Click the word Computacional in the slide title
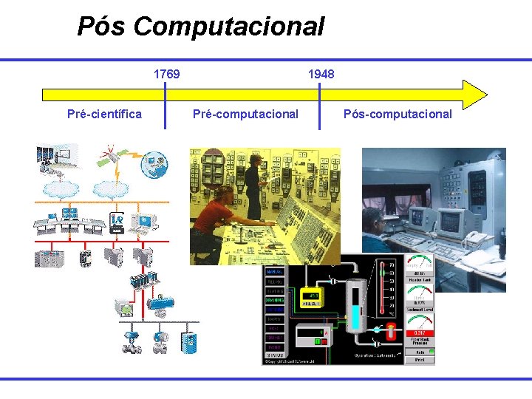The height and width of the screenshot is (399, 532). tap(229, 27)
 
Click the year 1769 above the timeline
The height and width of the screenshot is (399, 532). tap(166, 74)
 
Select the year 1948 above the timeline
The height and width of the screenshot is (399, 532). tap(321, 74)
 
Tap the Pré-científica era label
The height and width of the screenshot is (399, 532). tap(104, 114)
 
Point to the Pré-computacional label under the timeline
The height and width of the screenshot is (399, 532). tap(245, 114)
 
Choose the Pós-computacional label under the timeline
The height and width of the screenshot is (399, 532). tap(398, 114)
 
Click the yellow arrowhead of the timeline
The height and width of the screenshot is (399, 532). tap(474, 95)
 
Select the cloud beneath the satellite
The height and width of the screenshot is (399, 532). tap(112, 187)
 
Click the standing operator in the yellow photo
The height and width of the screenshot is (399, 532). tap(253, 185)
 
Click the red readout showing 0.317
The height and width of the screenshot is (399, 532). tap(420, 333)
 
